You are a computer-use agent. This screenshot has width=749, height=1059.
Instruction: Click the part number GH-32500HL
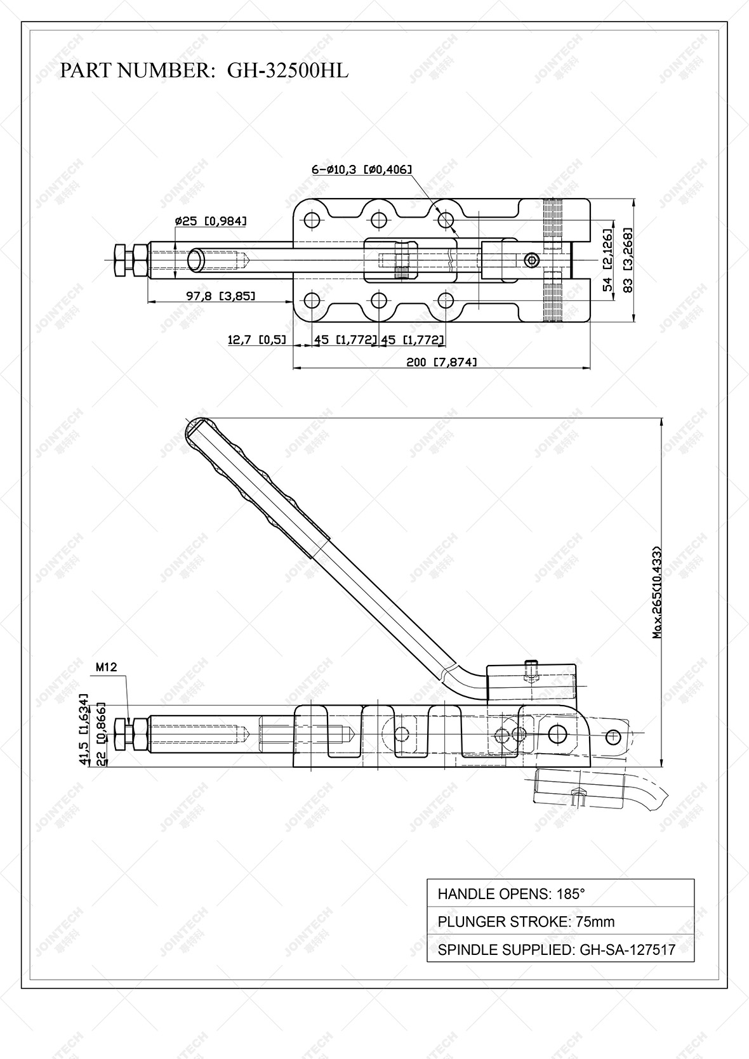288,71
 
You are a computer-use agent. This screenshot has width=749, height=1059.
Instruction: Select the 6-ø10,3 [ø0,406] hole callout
362,169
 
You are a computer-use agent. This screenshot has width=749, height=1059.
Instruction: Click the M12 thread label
106,668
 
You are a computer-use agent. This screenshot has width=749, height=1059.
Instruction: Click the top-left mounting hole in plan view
311,221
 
